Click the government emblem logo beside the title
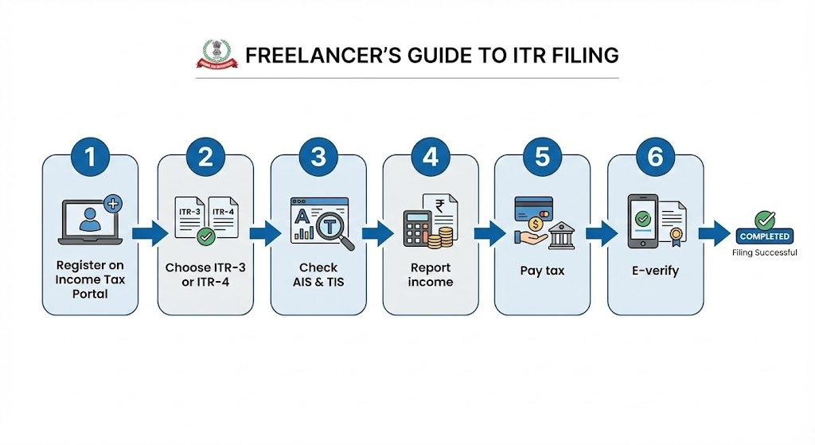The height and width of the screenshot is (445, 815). tap(216, 56)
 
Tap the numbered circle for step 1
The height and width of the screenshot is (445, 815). tap(90, 158)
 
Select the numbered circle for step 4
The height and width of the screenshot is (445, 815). tap(430, 158)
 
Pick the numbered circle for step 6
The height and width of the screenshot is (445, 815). tap(655, 158)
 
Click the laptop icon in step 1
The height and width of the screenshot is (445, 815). tap(90, 221)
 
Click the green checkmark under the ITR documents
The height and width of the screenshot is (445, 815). tap(206, 236)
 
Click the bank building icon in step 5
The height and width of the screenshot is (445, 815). tap(560, 235)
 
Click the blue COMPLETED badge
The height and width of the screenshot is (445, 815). tap(764, 236)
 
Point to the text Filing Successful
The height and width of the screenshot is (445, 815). tap(764, 252)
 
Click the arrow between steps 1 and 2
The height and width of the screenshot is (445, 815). tap(150, 232)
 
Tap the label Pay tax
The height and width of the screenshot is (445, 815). tap(542, 271)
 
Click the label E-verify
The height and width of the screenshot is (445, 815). tap(655, 271)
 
